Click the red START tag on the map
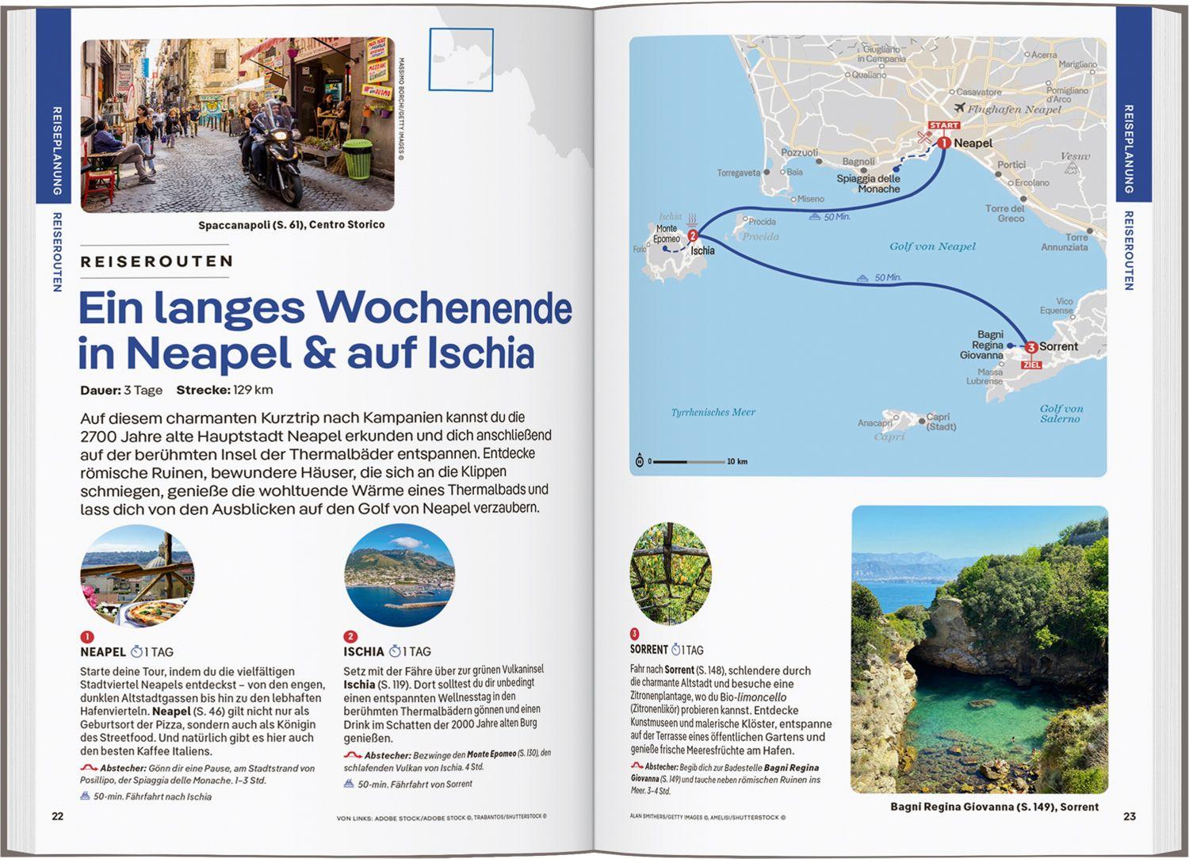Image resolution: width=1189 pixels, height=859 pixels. [x=944, y=125]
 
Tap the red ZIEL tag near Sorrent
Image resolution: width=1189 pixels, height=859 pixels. [x=1031, y=365]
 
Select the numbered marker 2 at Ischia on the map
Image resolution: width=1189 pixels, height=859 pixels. [x=693, y=235]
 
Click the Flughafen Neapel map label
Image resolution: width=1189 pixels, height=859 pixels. [x=1013, y=109]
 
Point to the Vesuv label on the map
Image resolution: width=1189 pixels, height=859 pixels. [x=1075, y=156]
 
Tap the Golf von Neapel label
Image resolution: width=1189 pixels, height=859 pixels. [x=932, y=246]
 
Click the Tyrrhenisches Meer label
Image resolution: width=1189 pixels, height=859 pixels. [x=713, y=412]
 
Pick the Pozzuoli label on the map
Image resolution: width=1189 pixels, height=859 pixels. [x=799, y=152]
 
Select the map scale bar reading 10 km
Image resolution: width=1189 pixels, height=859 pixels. [x=690, y=461]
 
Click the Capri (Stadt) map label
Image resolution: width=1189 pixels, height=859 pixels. [x=939, y=422]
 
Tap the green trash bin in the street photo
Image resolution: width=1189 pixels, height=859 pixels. [x=357, y=158]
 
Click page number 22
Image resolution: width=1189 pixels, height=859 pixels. [x=57, y=816]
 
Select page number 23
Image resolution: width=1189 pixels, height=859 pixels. [x=1130, y=816]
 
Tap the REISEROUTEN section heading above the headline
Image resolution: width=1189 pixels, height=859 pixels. [x=157, y=262]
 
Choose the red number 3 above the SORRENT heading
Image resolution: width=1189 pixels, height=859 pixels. [x=634, y=634]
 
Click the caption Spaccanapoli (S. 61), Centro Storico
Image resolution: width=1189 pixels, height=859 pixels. [x=291, y=225]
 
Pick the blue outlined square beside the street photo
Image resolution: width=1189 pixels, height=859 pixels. [x=461, y=59]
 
